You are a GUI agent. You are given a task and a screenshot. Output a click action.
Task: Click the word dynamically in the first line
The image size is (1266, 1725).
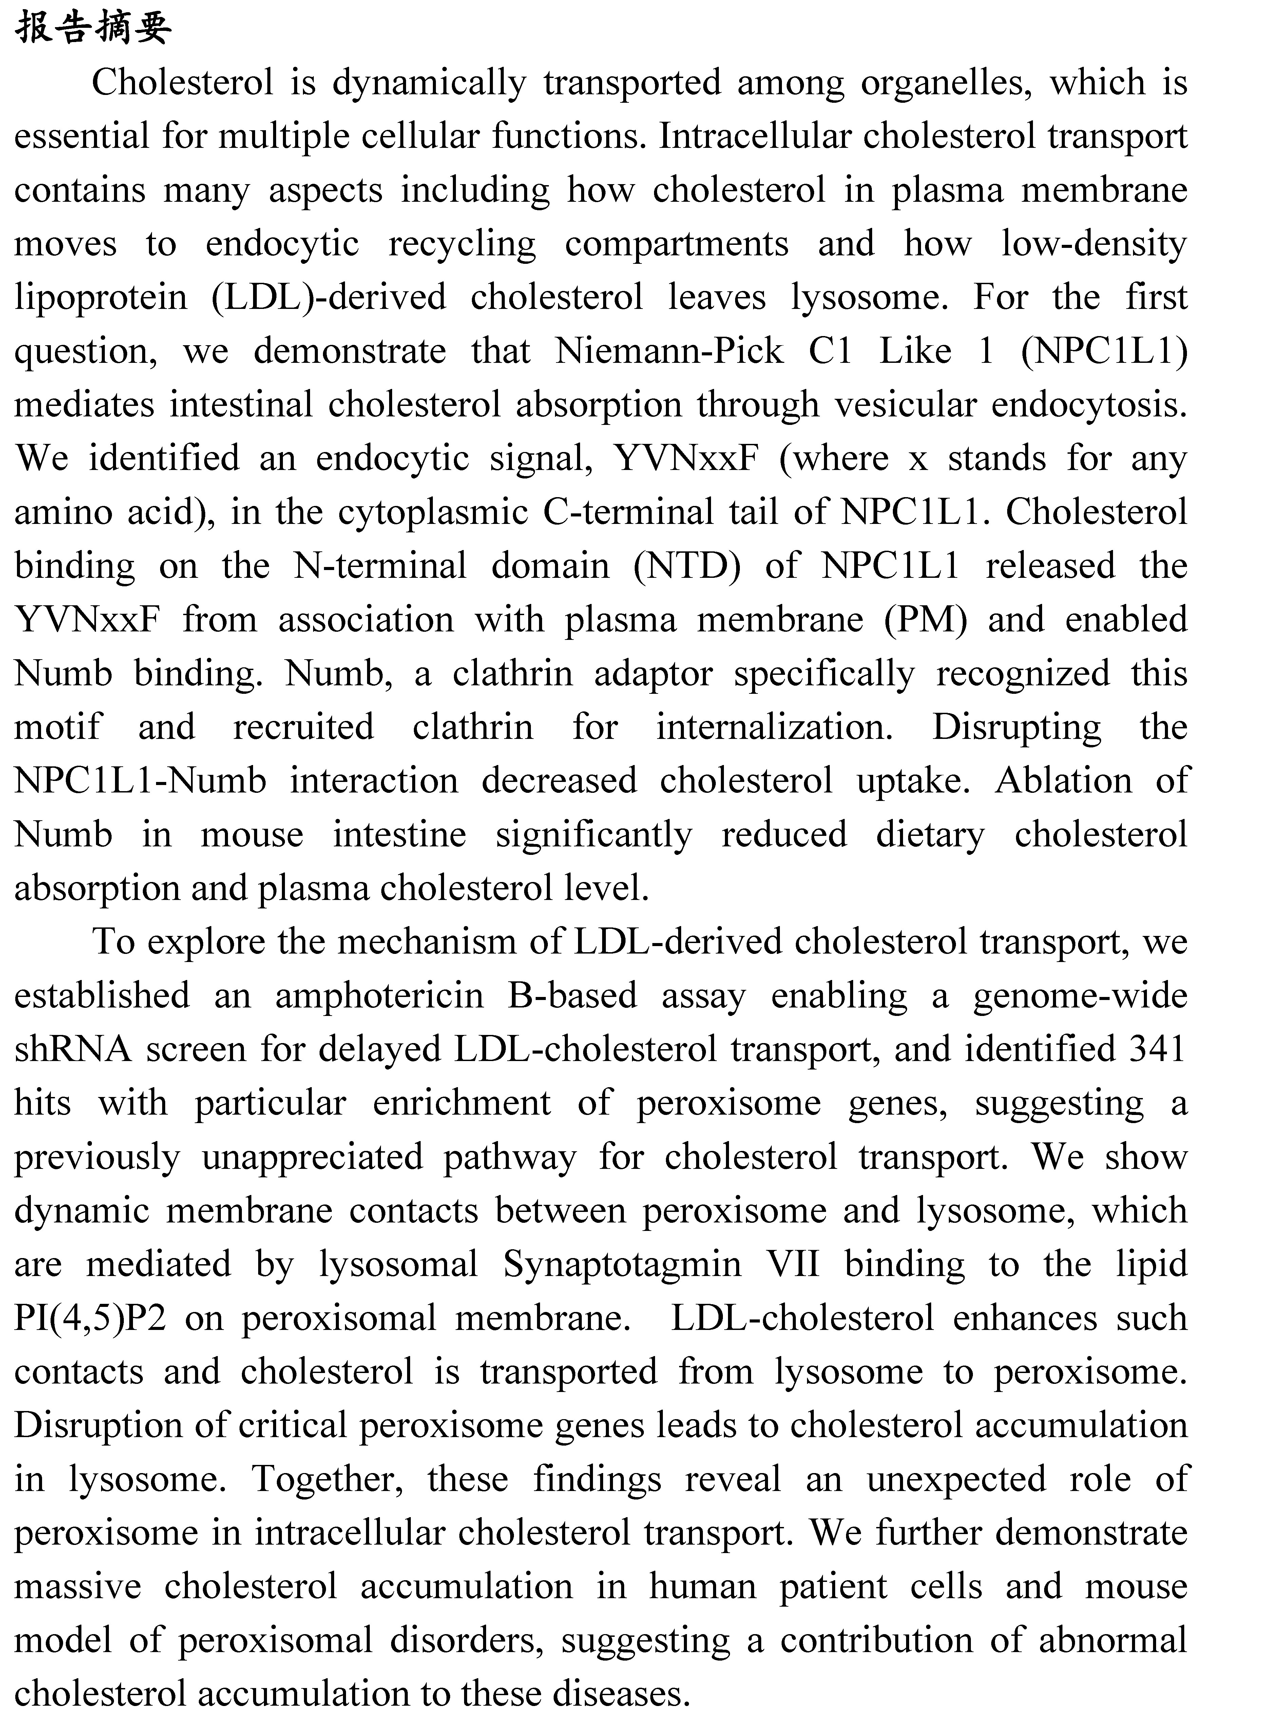pos(429,83)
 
